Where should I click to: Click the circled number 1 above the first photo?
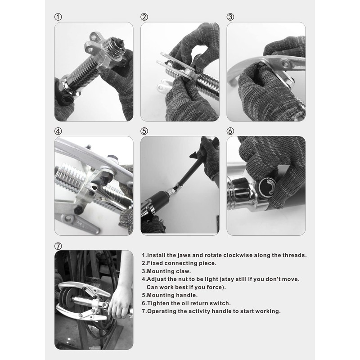point(58,17)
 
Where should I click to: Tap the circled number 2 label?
point(144,17)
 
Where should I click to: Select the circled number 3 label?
point(230,17)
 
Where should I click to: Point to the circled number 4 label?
point(58,131)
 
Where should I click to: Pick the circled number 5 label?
point(144,131)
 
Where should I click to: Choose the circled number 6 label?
point(230,131)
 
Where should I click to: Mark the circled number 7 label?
point(58,246)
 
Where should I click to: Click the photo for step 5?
point(180,185)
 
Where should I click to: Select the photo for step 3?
point(266,72)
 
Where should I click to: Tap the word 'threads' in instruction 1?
point(292,255)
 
